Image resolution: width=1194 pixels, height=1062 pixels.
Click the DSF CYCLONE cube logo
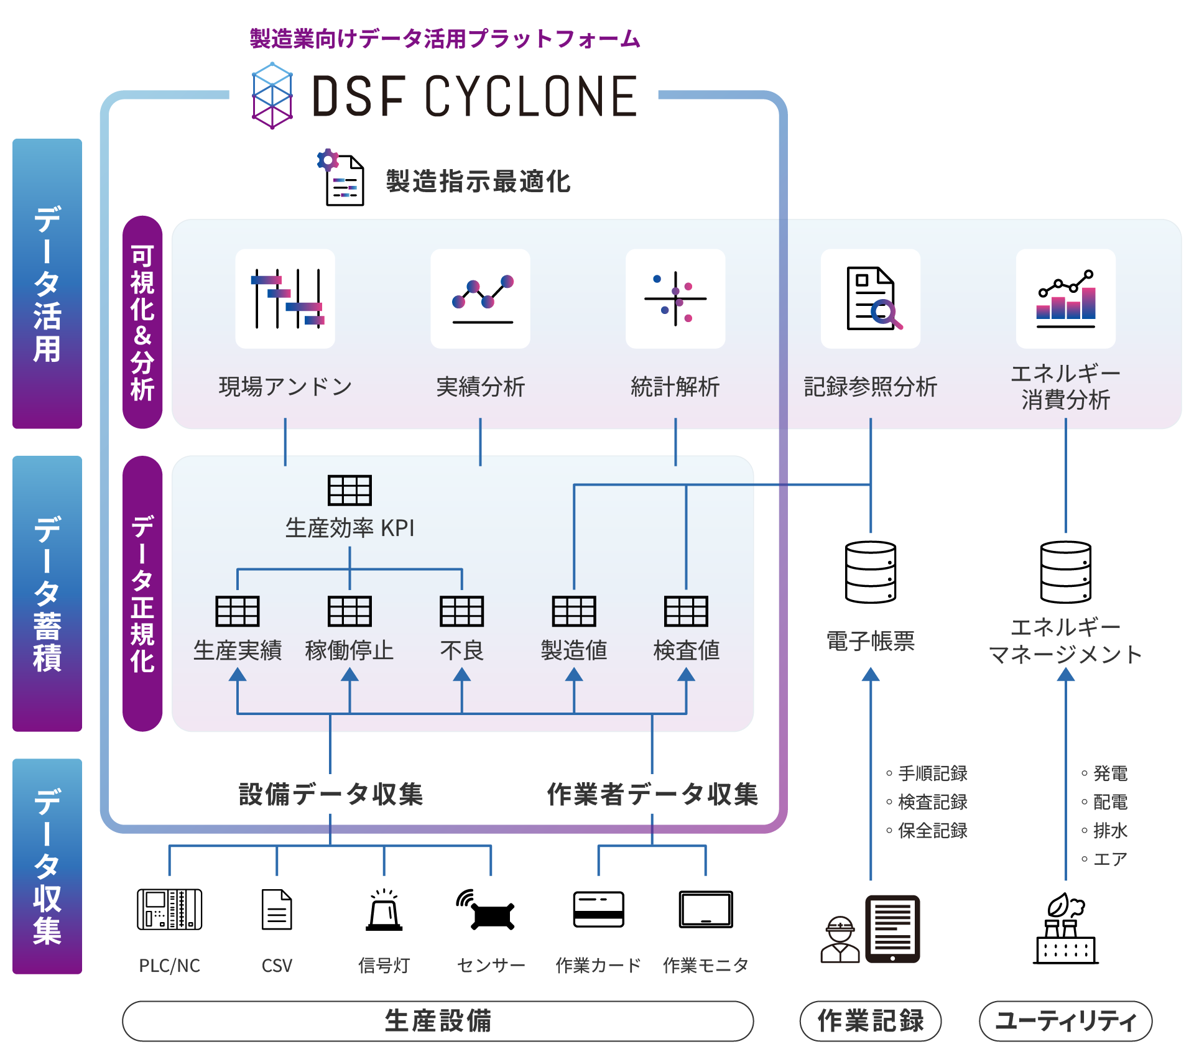point(272,95)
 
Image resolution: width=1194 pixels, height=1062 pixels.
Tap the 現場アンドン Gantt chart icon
point(285,299)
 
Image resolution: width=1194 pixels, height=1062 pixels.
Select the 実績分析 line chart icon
point(481,299)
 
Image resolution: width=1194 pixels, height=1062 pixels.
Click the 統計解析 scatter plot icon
point(675,299)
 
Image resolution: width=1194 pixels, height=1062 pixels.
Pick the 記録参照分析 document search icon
point(871,299)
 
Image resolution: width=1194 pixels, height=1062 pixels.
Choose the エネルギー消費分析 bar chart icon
point(1066,299)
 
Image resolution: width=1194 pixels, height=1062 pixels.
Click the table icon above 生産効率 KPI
point(349,490)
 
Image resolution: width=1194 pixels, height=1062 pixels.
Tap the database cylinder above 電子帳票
point(871,572)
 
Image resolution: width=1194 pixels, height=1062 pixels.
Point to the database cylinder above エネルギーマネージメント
point(1066,572)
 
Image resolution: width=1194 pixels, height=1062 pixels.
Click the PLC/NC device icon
point(169,910)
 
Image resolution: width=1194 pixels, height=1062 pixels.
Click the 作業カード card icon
point(598,910)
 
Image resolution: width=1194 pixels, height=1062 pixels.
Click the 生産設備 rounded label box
point(438,1021)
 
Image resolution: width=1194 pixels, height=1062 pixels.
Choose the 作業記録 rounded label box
point(871,1021)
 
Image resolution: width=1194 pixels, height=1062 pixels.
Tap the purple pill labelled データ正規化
point(142,594)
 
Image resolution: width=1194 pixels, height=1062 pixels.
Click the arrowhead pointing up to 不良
point(461,675)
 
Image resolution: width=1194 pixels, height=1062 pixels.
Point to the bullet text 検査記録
point(932,802)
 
